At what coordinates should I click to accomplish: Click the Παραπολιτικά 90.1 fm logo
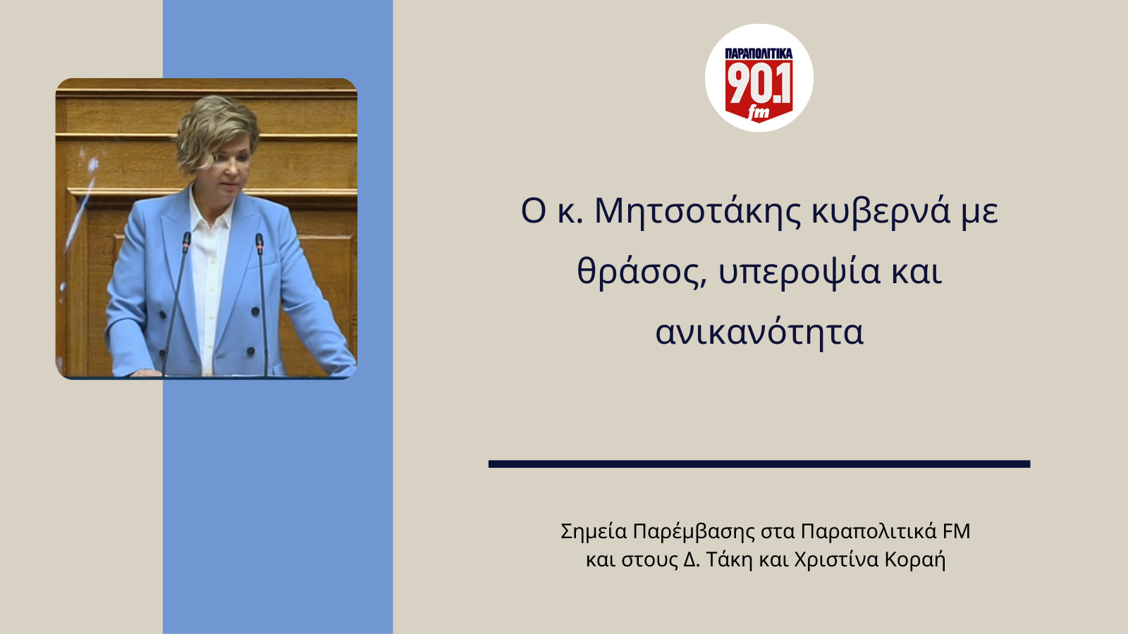(x=759, y=78)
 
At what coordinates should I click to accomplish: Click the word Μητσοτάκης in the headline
(x=698, y=211)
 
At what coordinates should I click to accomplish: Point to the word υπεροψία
(x=799, y=272)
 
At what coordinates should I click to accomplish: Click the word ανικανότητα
(x=759, y=332)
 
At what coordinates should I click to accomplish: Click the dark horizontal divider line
(x=759, y=464)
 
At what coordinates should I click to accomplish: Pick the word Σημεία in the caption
(x=594, y=531)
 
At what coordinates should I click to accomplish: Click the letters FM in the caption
(x=956, y=530)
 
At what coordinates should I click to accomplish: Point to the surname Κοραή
(x=915, y=559)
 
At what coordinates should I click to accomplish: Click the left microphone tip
(x=187, y=242)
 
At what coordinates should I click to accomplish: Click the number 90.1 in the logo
(x=759, y=83)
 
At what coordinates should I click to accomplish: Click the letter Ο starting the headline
(x=534, y=211)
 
